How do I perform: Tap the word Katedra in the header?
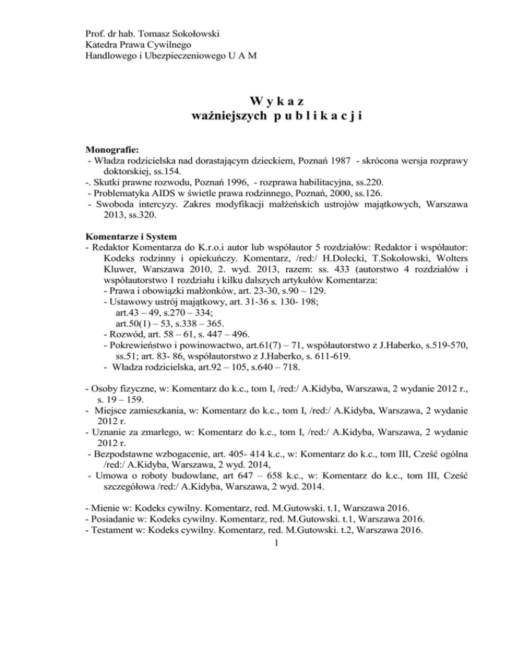coord(105,45)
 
